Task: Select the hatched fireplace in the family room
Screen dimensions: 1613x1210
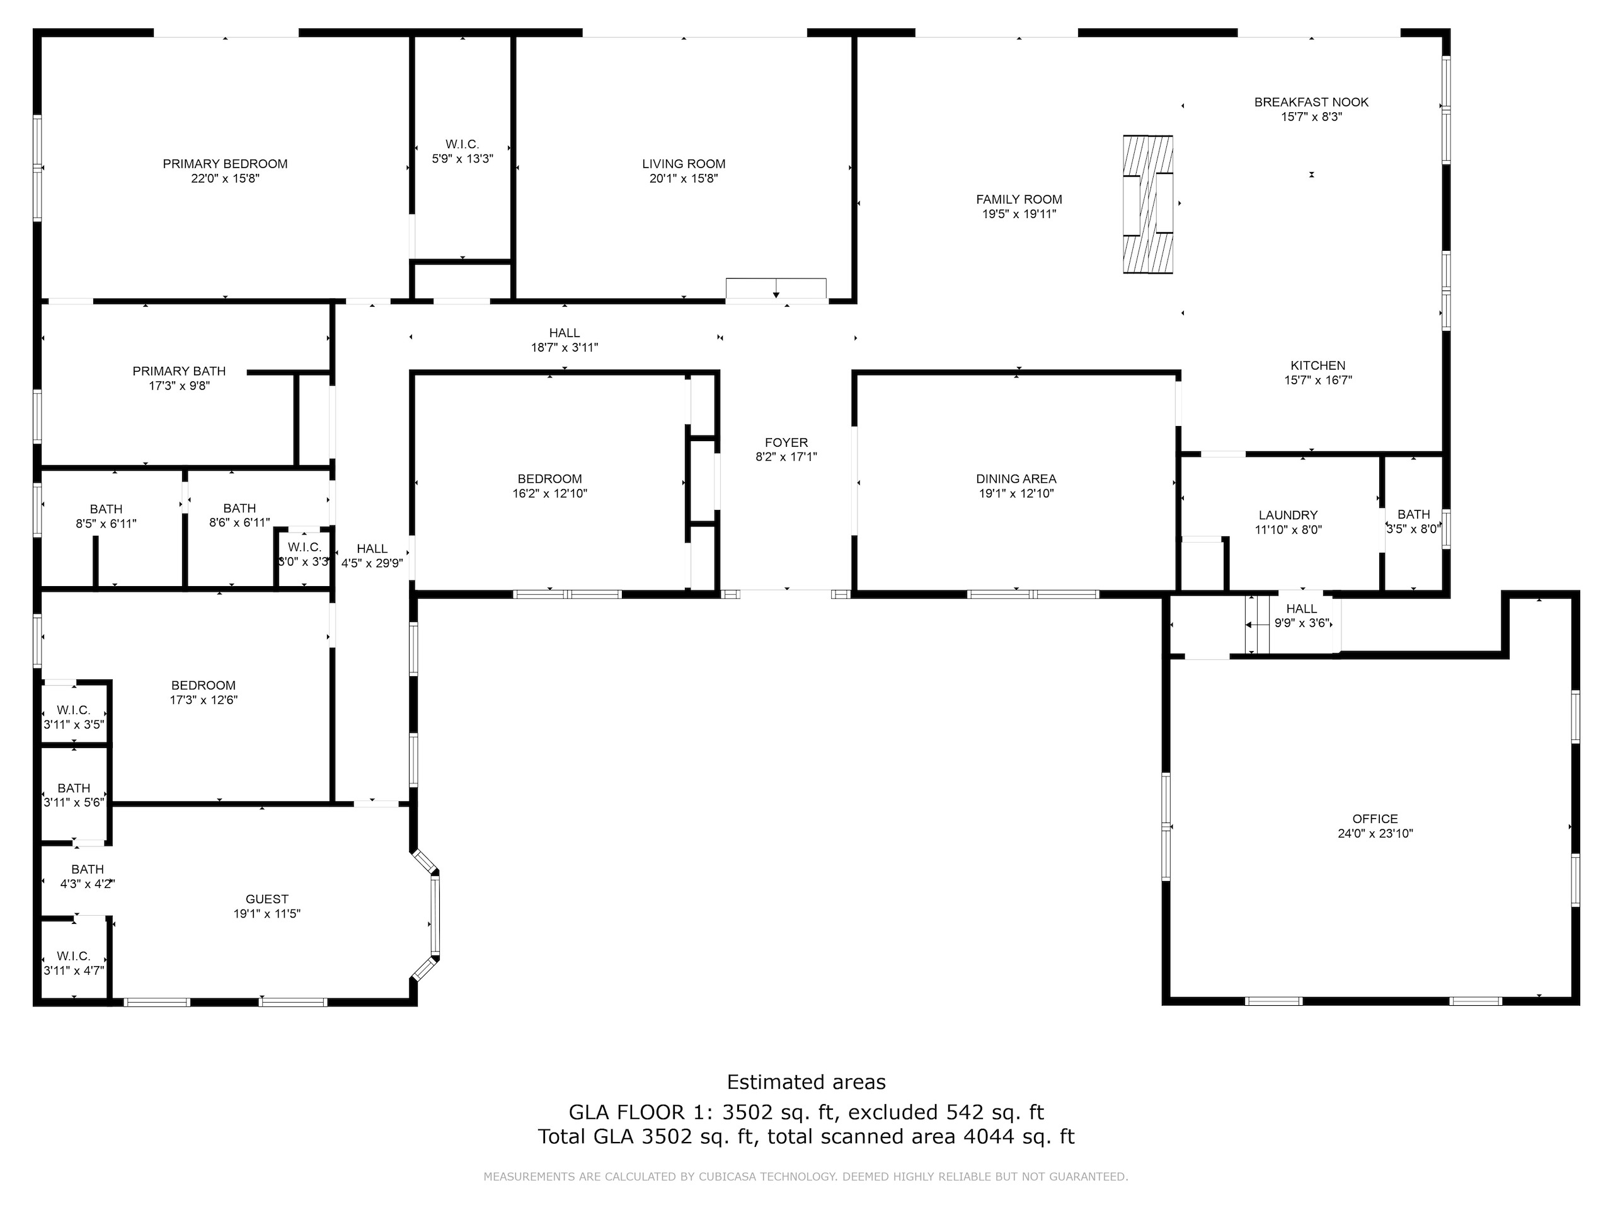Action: pyautogui.click(x=1148, y=204)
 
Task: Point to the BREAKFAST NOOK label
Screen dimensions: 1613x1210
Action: pyautogui.click(x=1311, y=102)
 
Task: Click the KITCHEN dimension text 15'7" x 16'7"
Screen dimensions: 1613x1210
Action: pyautogui.click(x=1317, y=380)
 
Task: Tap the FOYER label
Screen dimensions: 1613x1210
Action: pyautogui.click(x=786, y=442)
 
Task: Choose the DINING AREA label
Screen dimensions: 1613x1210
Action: pyautogui.click(x=1016, y=479)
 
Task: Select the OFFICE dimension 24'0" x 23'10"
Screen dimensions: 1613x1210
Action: pyautogui.click(x=1375, y=834)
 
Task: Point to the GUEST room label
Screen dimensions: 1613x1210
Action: pyautogui.click(x=267, y=899)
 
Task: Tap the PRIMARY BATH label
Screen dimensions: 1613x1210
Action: pyautogui.click(x=179, y=371)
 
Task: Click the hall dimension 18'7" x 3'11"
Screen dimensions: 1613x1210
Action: pyautogui.click(x=565, y=348)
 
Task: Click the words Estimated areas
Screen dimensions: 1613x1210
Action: pyautogui.click(x=806, y=1081)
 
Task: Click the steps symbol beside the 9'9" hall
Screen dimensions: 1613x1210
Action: pyautogui.click(x=1257, y=625)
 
